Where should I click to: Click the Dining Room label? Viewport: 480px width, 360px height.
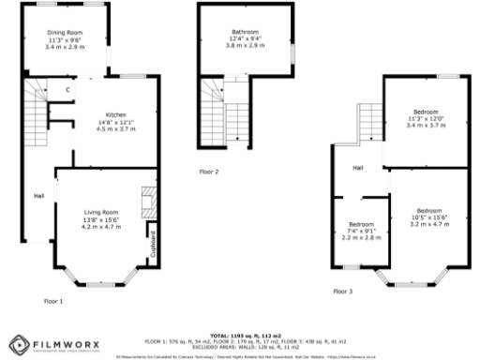66,33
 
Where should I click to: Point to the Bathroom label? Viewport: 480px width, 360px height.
246,32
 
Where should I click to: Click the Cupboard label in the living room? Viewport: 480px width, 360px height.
153,242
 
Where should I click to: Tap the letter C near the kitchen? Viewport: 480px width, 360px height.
67,90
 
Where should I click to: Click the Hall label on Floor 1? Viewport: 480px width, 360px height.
38,196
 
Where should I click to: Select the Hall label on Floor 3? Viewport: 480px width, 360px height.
357,168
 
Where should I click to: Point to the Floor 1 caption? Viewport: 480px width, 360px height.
53,301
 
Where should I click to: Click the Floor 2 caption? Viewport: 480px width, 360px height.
208,172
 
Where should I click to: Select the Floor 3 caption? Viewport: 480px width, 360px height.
343,292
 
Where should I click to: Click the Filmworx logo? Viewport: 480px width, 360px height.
49,344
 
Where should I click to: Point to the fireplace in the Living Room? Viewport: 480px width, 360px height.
145,199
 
